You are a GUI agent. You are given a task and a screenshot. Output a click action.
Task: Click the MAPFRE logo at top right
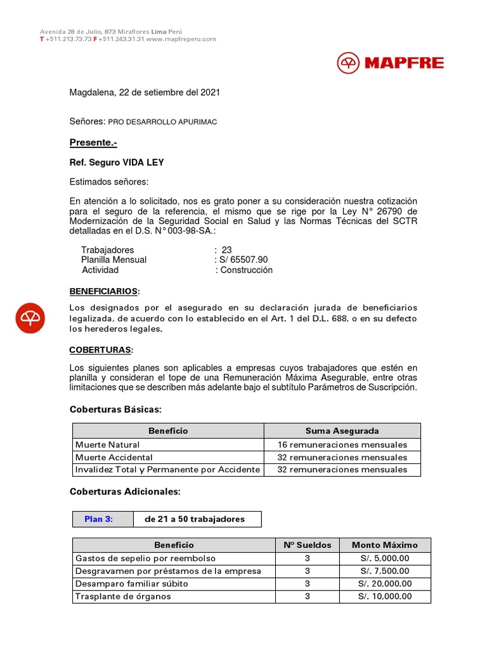(x=390, y=63)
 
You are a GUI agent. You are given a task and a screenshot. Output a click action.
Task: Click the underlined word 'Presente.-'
(x=93, y=143)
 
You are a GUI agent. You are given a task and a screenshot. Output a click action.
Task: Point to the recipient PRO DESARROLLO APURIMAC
(x=163, y=121)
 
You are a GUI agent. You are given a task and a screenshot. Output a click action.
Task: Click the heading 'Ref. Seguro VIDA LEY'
(x=117, y=162)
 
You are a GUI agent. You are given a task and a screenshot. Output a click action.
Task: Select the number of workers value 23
(x=226, y=250)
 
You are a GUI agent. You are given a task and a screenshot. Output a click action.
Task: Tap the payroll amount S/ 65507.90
(x=243, y=260)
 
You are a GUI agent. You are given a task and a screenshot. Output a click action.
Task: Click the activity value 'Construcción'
(x=247, y=270)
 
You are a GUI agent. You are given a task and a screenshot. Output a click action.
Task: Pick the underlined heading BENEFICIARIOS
(x=103, y=291)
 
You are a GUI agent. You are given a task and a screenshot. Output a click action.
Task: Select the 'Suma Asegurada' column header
(x=342, y=431)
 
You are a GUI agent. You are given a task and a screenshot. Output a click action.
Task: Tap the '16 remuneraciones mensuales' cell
(x=342, y=445)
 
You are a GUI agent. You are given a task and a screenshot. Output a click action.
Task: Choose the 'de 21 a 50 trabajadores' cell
(x=195, y=519)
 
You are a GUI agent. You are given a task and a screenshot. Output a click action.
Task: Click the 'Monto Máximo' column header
(x=384, y=545)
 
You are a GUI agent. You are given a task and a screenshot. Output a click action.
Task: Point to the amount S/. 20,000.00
(x=384, y=584)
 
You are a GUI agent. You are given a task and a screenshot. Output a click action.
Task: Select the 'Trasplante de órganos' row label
(x=123, y=597)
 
